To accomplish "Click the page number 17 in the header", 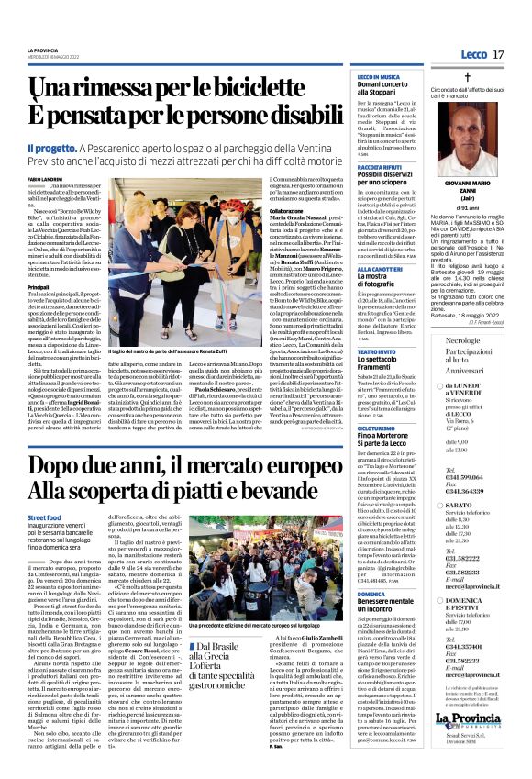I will (x=498, y=56).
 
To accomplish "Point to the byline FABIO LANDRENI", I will (x=45, y=178).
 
